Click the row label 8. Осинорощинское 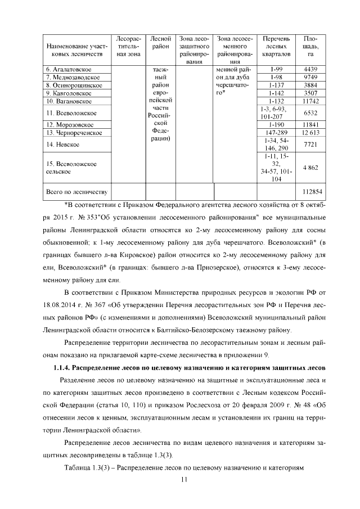click(74, 85)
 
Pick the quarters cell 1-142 click(275, 93)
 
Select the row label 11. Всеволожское click(69, 113)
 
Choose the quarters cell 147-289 click(275, 133)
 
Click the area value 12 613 click(310, 133)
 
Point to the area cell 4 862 click(310, 168)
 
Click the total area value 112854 click(310, 192)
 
